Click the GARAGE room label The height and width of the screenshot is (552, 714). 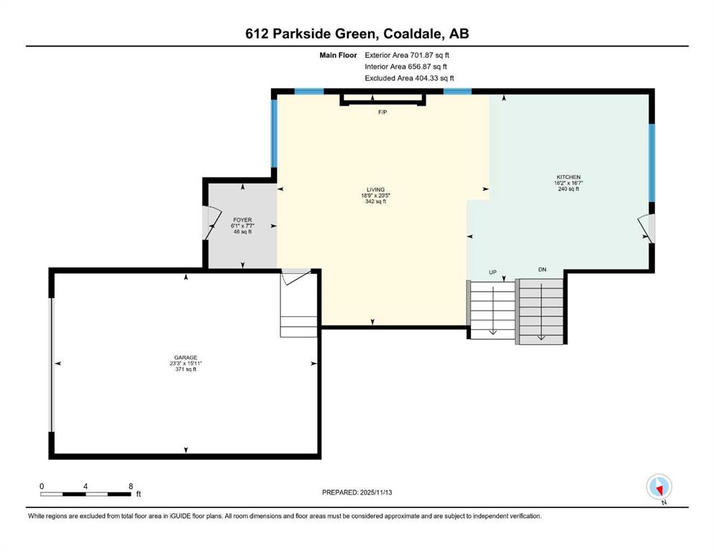[x=186, y=358]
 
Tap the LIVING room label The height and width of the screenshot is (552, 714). [x=375, y=190]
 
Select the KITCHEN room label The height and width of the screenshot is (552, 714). [x=569, y=177]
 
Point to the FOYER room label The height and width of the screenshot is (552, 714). [x=242, y=220]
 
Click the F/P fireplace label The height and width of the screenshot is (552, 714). [x=383, y=112]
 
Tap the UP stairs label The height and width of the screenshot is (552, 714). [x=493, y=272]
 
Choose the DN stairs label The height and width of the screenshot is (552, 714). [x=542, y=270]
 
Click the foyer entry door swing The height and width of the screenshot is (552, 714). [x=211, y=223]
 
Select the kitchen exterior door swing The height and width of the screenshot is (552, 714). [x=646, y=228]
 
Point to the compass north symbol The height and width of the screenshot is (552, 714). [x=659, y=487]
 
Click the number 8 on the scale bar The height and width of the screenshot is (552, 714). [x=131, y=486]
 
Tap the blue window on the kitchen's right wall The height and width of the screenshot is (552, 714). [x=651, y=162]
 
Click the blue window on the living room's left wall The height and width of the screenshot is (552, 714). [x=274, y=134]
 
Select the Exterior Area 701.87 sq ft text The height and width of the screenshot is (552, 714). [x=407, y=55]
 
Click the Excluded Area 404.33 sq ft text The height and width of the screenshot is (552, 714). [x=409, y=78]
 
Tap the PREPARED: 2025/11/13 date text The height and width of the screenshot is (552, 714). [x=357, y=492]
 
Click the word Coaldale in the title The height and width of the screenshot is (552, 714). [x=413, y=34]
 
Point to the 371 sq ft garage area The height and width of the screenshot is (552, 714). [x=186, y=369]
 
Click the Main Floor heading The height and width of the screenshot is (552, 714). [x=338, y=55]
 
